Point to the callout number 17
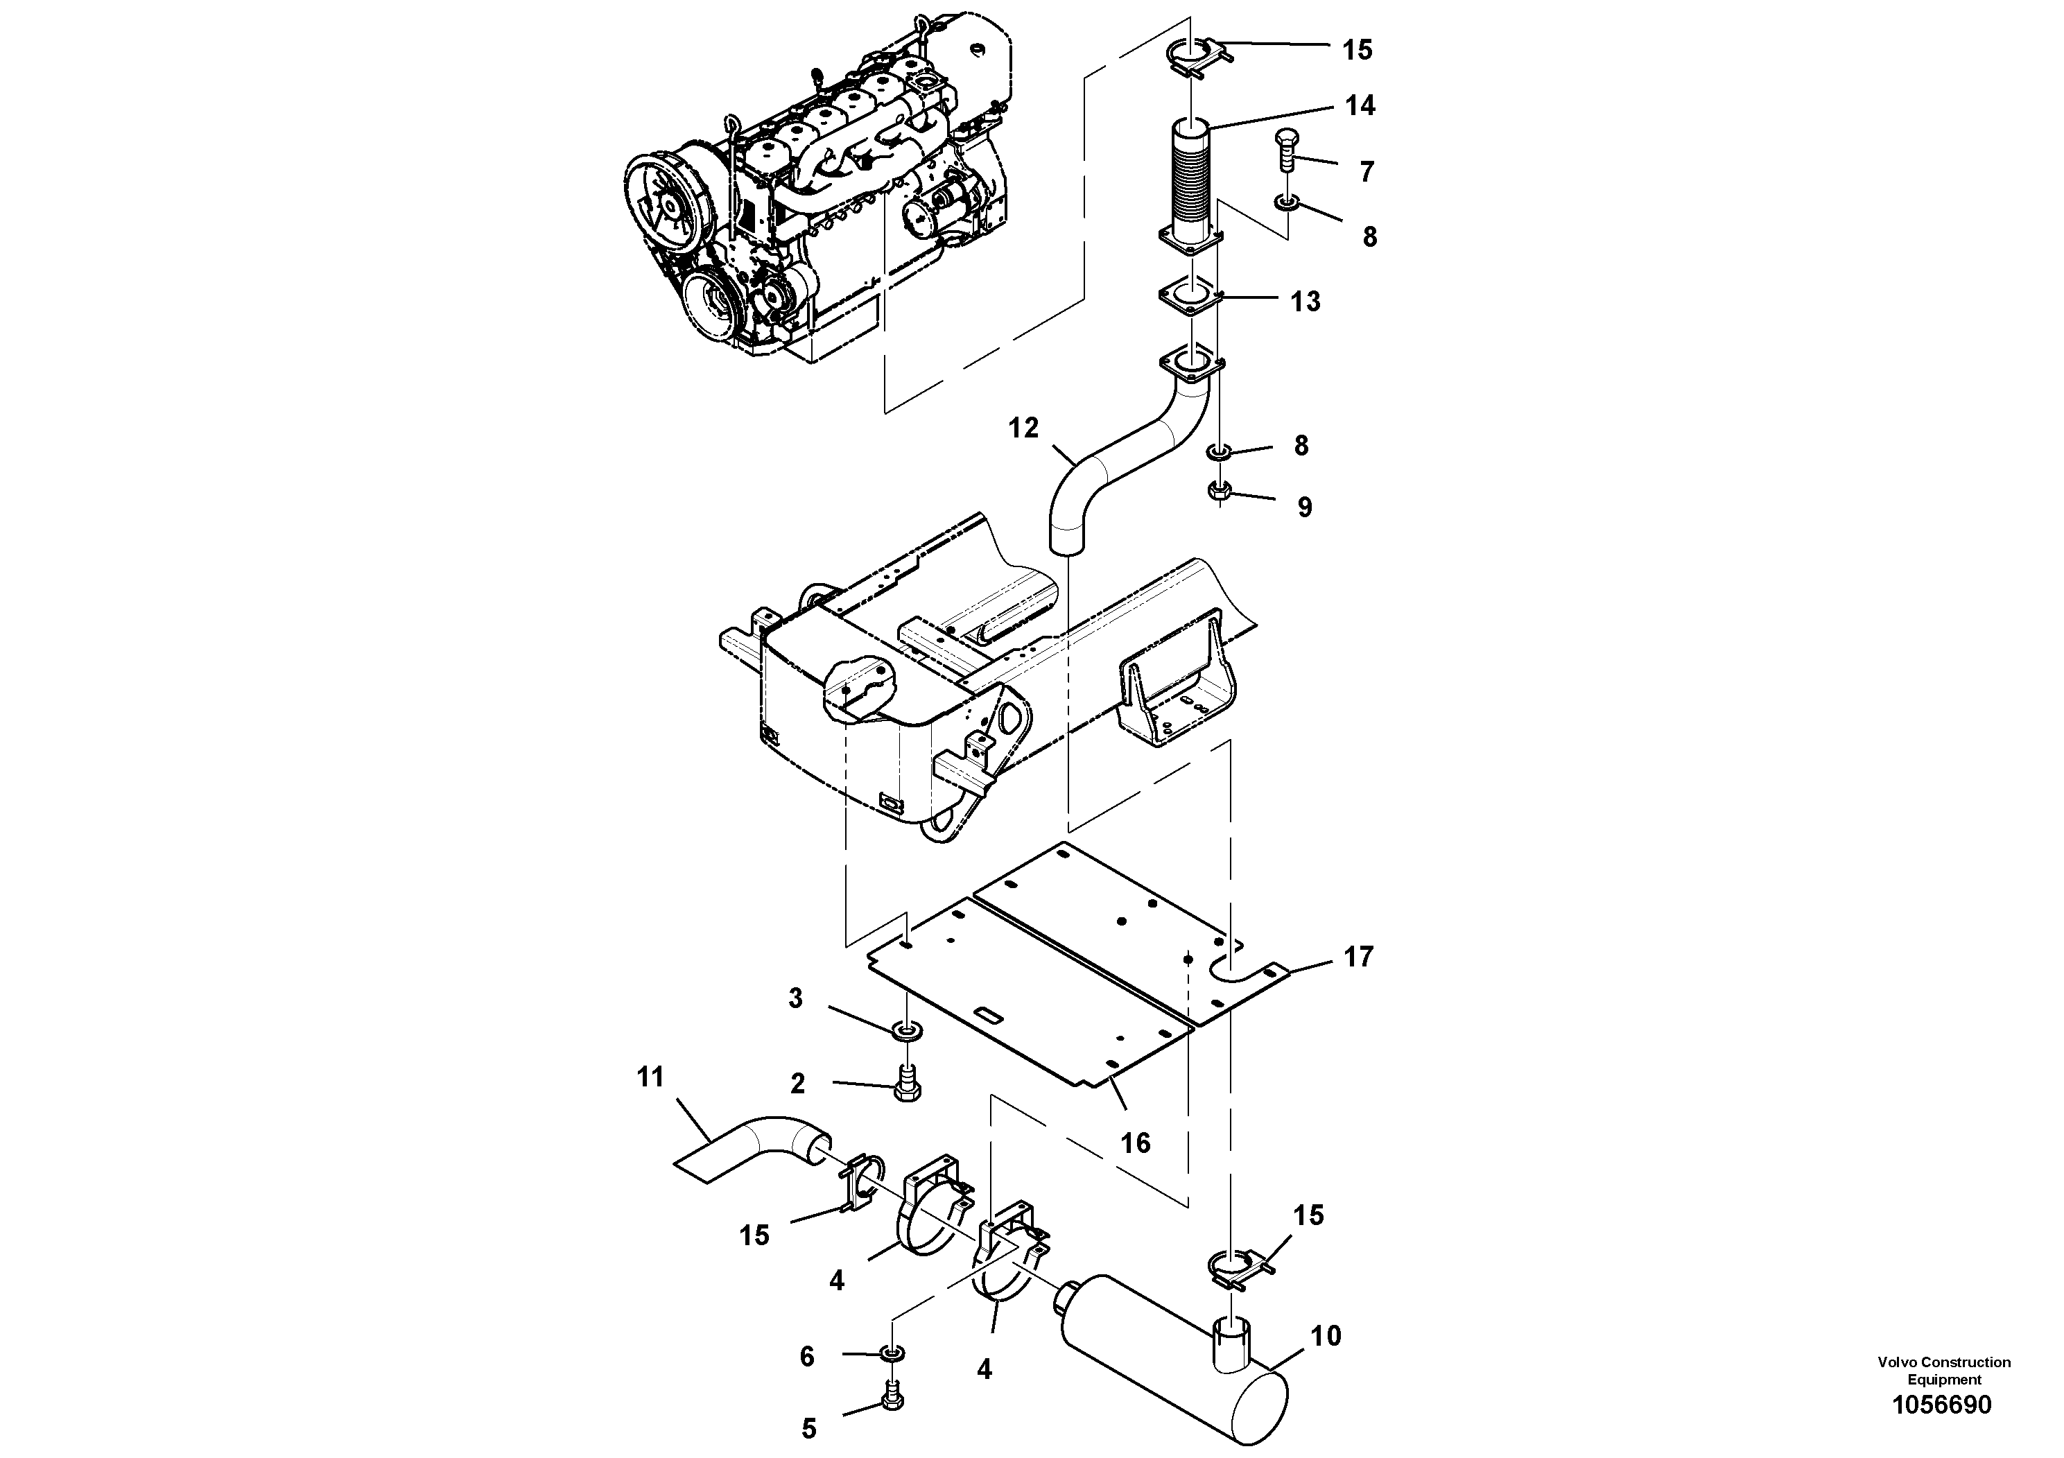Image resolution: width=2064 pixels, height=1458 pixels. pyautogui.click(x=1358, y=957)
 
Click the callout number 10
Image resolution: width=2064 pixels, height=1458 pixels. pyautogui.click(x=1326, y=1336)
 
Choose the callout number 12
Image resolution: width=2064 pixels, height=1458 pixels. pyautogui.click(x=1023, y=428)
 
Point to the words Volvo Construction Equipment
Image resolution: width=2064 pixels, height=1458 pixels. pyautogui.click(x=1943, y=1371)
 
